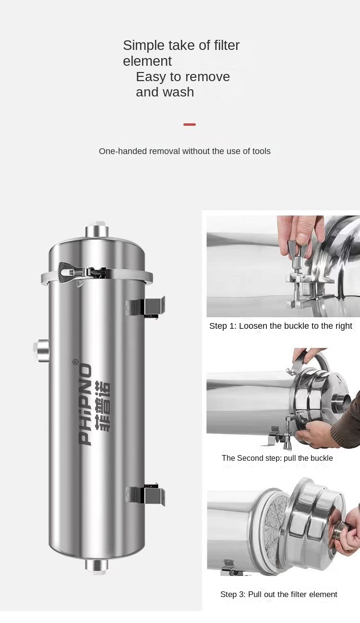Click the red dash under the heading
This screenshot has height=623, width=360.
[x=190, y=124]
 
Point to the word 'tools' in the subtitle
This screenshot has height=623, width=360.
[x=260, y=151]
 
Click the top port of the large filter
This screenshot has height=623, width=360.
[x=97, y=231]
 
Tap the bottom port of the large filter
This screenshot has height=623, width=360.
[x=97, y=565]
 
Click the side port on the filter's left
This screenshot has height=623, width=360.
[x=41, y=350]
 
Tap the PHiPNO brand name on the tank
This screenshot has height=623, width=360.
[x=85, y=404]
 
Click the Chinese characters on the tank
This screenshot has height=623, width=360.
[x=102, y=406]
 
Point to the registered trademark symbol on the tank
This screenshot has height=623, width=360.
[x=75, y=362]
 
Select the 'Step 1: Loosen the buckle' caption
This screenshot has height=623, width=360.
[x=280, y=326]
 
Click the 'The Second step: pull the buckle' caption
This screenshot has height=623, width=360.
[x=277, y=458]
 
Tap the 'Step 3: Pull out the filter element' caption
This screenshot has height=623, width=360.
[x=278, y=594]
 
